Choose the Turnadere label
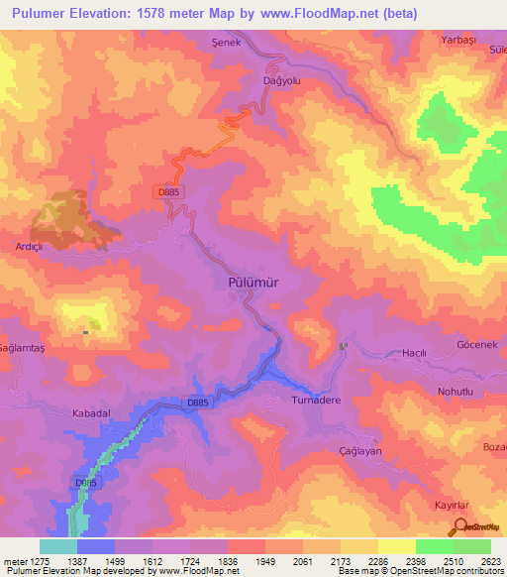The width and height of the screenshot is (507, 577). click(317, 402)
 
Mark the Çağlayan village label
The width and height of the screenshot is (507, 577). click(358, 449)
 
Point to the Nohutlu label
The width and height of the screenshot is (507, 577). click(457, 393)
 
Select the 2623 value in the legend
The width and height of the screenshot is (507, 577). click(490, 561)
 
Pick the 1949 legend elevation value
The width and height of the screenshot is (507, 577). click(265, 561)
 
